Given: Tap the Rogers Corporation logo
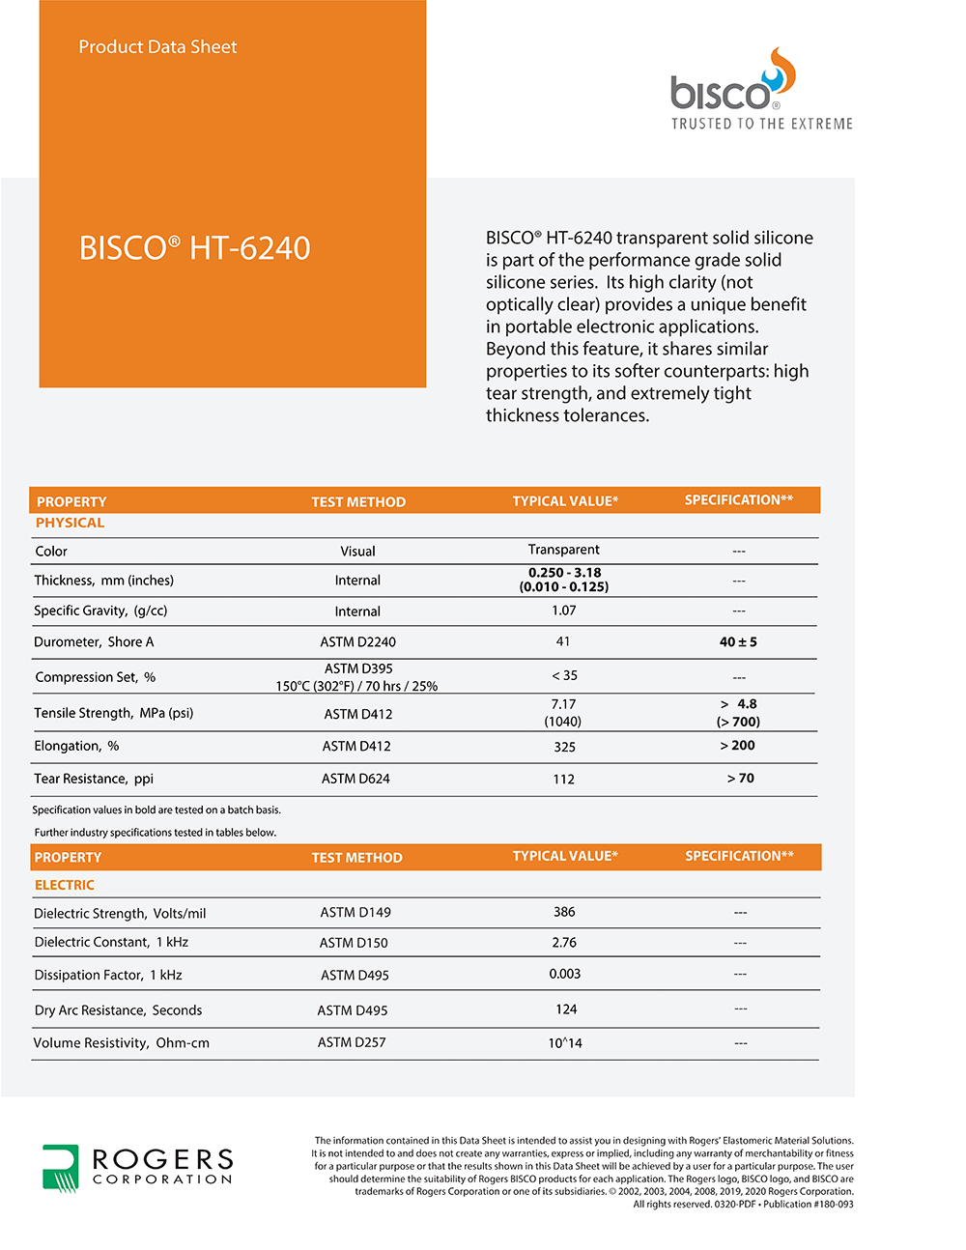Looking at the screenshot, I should point(137,1167).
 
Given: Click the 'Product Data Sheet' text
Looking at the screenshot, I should point(157,46).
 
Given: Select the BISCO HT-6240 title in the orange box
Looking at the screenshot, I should point(194,248).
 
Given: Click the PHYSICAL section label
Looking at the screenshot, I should point(70,523).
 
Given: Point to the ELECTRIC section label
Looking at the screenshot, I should point(64,885).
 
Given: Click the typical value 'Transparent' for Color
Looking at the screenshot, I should point(563,550).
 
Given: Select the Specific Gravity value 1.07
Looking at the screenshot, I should point(563,611).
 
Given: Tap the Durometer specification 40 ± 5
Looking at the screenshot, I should point(738,641).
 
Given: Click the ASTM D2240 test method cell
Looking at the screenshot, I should point(357,641).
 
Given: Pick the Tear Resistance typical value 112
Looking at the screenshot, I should point(563,779).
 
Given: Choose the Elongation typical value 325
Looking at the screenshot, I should point(564,747).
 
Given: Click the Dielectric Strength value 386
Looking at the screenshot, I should point(564,912).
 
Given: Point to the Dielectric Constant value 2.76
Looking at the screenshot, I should point(564,942).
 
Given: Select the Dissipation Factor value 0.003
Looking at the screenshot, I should point(564,974).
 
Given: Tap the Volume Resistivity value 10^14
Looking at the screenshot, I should point(564,1043).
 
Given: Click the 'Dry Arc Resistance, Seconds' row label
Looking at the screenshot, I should point(118,1010).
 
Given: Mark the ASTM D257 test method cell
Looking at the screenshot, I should point(351,1042).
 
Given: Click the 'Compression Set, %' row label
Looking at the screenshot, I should point(95,677).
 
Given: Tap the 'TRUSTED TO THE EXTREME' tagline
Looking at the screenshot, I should point(762,124).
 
